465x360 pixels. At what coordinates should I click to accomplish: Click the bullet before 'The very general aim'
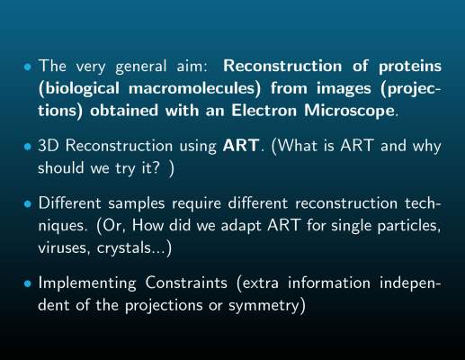point(28,67)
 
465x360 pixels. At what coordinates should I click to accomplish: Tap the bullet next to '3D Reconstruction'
point(28,147)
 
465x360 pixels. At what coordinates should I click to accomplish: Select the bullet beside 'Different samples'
point(28,204)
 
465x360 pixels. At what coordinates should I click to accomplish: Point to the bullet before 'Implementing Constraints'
point(28,283)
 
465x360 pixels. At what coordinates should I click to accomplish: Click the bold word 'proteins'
point(410,67)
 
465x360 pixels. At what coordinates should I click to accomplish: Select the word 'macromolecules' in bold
point(194,88)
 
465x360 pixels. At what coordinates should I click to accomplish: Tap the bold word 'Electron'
point(264,111)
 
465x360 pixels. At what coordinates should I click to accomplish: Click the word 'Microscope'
point(349,111)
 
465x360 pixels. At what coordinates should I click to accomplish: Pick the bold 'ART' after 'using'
point(241,146)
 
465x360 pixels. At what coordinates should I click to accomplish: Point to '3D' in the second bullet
point(48,146)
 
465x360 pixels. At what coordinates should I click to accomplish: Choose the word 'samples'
point(137,204)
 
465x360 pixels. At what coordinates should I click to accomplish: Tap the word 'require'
point(196,204)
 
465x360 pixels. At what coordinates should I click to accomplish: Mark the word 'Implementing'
point(87,284)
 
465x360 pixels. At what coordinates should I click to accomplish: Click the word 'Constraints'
point(186,283)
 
